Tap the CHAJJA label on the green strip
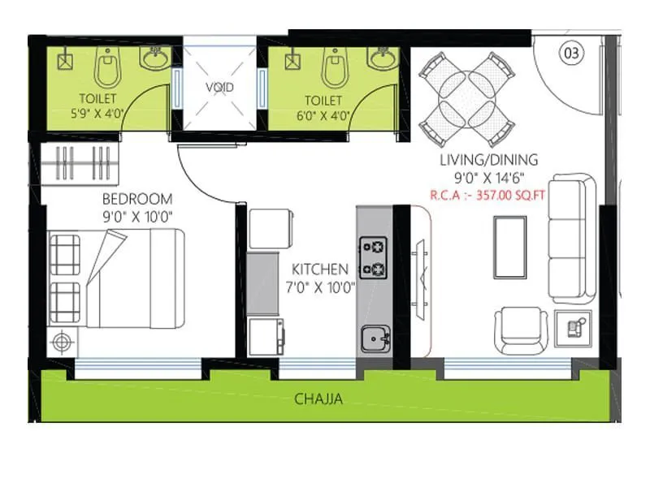318,399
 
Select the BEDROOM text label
137,199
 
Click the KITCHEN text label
320,269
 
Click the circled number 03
571,54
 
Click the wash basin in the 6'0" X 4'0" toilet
379,58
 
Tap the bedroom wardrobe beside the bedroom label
82,165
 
